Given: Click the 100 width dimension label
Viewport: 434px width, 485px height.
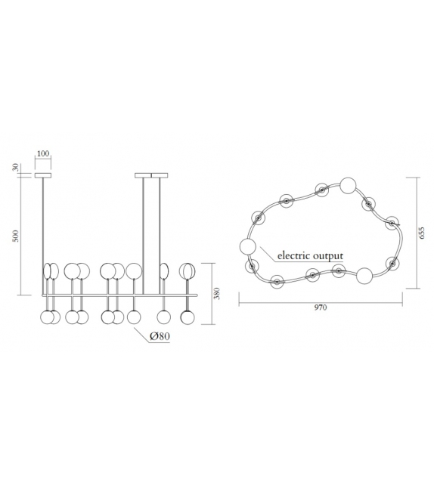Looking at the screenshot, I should click(42, 154).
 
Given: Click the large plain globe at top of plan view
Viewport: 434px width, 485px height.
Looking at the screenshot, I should click(348, 184).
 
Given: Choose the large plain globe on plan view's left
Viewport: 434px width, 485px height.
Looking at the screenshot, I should click(247, 246).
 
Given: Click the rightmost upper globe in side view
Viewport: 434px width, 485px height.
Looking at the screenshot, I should click(186, 270).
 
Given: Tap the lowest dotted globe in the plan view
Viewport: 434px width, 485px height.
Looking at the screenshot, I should click(277, 282).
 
